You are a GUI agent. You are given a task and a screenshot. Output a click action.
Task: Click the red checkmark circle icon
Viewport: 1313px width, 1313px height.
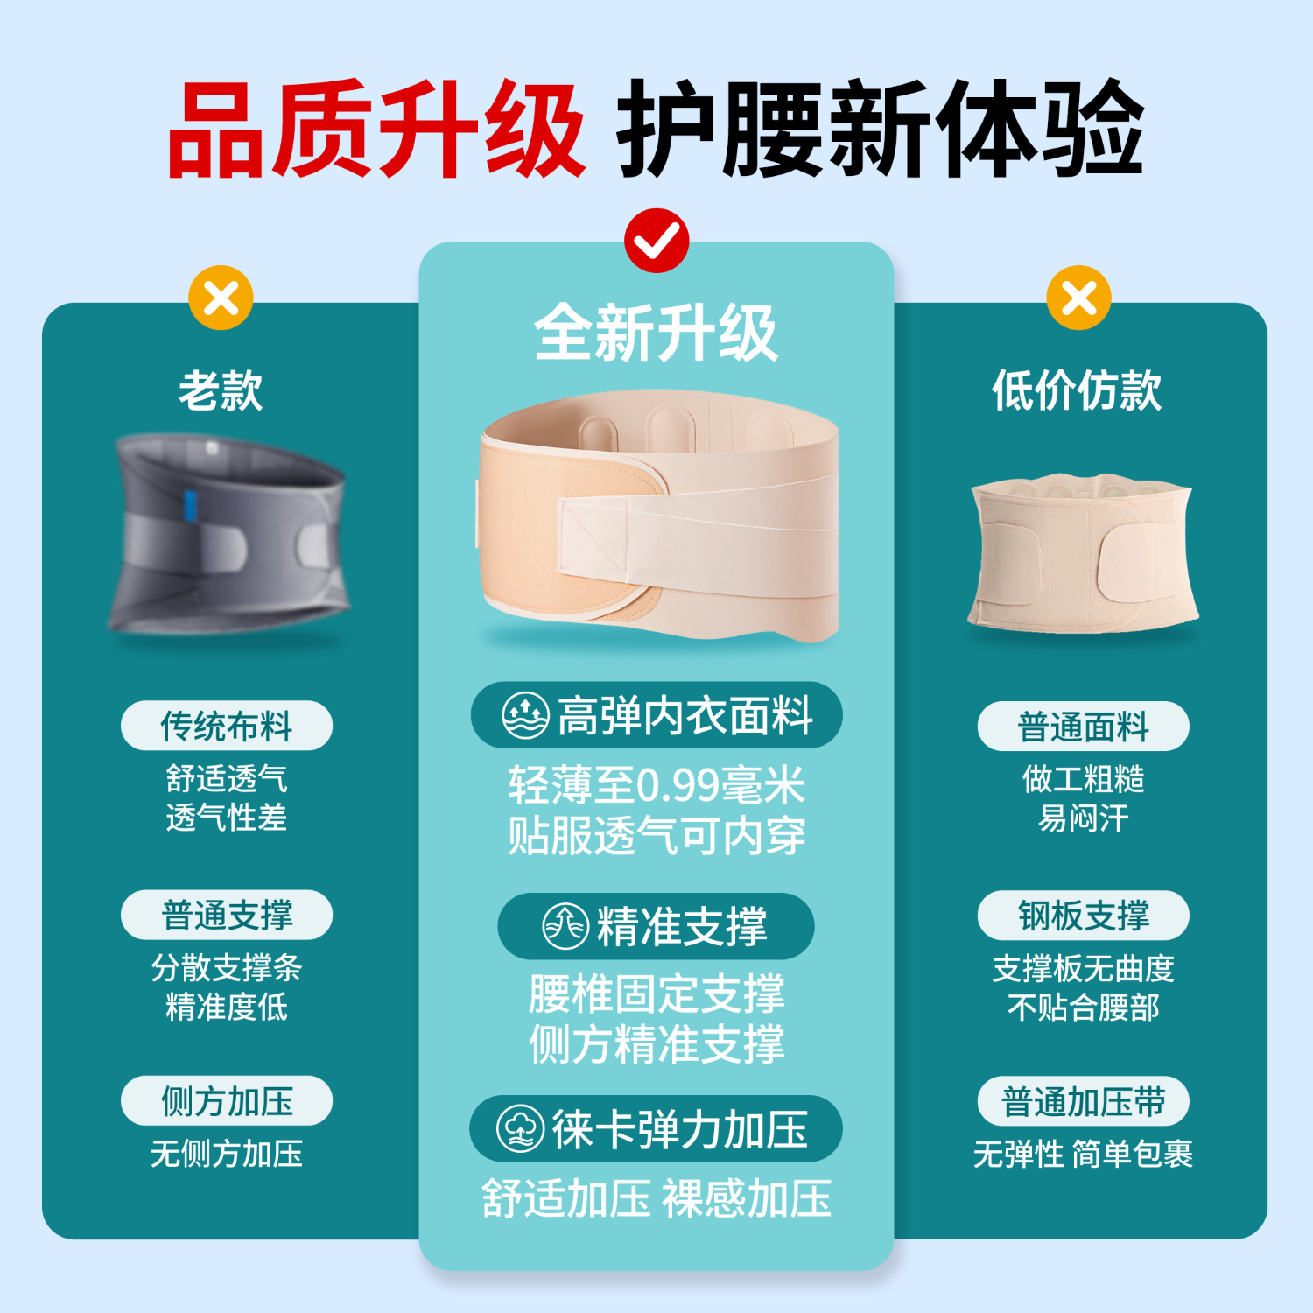[656, 241]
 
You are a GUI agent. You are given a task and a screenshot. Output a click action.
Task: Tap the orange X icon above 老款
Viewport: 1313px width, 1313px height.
[221, 298]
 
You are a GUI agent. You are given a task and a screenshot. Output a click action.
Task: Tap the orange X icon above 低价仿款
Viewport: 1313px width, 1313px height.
[1078, 298]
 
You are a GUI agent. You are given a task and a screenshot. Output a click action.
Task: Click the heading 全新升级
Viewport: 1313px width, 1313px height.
[656, 334]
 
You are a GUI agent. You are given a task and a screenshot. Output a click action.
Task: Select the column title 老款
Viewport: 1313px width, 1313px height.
[221, 390]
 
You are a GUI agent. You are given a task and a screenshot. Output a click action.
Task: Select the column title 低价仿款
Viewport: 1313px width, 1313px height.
[1077, 390]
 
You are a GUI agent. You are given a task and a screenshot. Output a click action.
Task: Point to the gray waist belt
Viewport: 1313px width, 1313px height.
[229, 534]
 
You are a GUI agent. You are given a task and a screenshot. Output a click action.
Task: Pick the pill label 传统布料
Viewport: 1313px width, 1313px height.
[227, 726]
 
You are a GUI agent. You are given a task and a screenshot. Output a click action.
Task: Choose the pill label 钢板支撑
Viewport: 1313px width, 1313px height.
[1083, 916]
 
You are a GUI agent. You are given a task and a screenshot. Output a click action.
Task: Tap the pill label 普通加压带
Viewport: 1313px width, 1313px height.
[1083, 1101]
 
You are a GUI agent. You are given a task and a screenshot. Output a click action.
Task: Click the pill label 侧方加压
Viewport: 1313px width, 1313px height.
[227, 1101]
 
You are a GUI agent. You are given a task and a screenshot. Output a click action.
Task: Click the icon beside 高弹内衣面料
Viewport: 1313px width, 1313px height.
[525, 715]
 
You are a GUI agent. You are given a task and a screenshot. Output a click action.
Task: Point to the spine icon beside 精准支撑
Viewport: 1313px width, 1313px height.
[565, 926]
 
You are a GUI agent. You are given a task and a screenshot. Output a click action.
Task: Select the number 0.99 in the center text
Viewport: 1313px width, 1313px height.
[677, 786]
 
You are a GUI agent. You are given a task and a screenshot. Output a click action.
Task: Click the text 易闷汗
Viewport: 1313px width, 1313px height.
[1083, 818]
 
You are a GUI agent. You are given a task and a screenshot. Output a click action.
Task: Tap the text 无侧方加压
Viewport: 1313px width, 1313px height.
[227, 1154]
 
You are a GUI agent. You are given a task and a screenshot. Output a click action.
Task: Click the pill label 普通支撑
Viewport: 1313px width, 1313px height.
[227, 916]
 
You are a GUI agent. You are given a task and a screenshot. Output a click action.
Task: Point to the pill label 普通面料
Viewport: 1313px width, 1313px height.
[1083, 727]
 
